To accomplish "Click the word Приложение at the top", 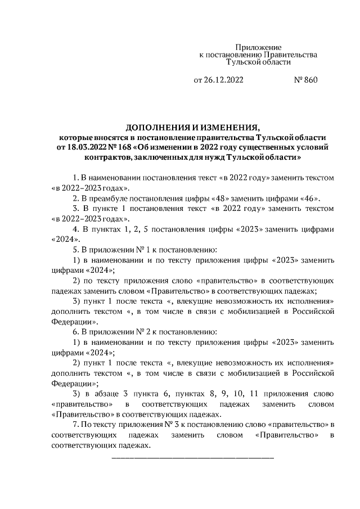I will click(x=258, y=48).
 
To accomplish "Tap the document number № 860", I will click(x=306, y=80).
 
